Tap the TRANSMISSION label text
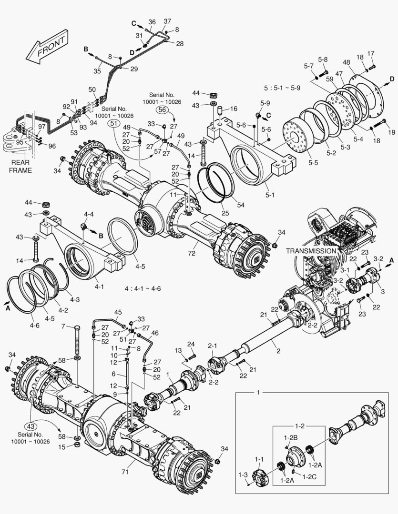click(311, 250)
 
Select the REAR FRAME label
click(19, 167)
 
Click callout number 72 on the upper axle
click(191, 254)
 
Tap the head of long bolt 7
click(77, 327)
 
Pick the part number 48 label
click(346, 62)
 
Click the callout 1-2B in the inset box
click(290, 437)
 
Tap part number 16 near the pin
click(233, 109)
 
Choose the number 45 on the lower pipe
click(118, 312)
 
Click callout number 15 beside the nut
click(61, 446)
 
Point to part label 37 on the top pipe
click(167, 21)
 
